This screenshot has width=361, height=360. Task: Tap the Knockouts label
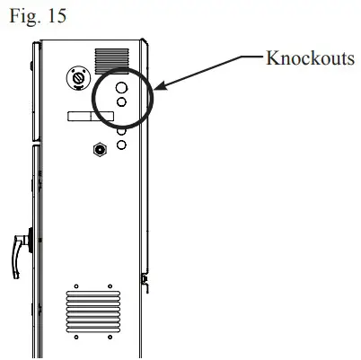click(310, 59)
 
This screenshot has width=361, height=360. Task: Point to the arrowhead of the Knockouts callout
click(158, 88)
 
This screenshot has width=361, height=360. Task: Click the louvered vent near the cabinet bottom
click(92, 312)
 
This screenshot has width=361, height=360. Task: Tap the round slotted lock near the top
click(78, 79)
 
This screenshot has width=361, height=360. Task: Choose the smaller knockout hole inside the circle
click(120, 103)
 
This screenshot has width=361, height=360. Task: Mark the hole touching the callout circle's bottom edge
click(120, 130)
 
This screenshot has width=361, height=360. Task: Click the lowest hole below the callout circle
click(120, 144)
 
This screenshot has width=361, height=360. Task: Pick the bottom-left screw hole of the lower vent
click(70, 338)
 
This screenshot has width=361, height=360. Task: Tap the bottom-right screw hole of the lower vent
click(111, 338)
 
